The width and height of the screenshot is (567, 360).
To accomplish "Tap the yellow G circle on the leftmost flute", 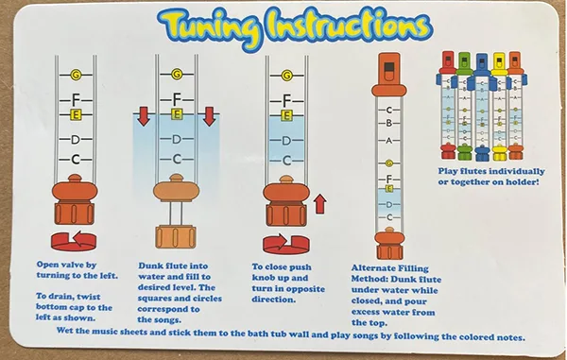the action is pyautogui.click(x=76, y=75).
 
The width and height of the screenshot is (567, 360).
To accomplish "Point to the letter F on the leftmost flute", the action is pyautogui.click(x=76, y=98).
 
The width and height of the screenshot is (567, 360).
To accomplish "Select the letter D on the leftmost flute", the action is pyautogui.click(x=76, y=140).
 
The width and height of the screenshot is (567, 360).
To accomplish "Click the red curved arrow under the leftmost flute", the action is pyautogui.click(x=74, y=241).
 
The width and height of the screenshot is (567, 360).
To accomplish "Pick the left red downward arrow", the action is pyautogui.click(x=144, y=116).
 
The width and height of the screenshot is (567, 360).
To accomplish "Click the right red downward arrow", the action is pyautogui.click(x=209, y=116).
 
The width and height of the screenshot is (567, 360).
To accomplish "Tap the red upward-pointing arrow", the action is pyautogui.click(x=319, y=204).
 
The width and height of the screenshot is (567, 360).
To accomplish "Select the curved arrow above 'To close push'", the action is pyautogui.click(x=285, y=244).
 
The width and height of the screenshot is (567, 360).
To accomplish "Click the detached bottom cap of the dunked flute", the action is pyautogui.click(x=176, y=237).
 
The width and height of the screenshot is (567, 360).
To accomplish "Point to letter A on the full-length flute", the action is pyautogui.click(x=389, y=141).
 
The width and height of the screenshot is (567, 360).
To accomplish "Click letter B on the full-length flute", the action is pyautogui.click(x=389, y=123).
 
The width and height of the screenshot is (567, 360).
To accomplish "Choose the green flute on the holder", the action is pyautogui.click(x=464, y=106).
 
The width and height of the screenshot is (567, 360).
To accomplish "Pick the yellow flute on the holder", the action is pyautogui.click(x=499, y=106).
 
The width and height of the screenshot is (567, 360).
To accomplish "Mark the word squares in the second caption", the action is pyautogui.click(x=157, y=299).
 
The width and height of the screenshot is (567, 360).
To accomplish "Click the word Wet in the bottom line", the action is pyautogui.click(x=64, y=331).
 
